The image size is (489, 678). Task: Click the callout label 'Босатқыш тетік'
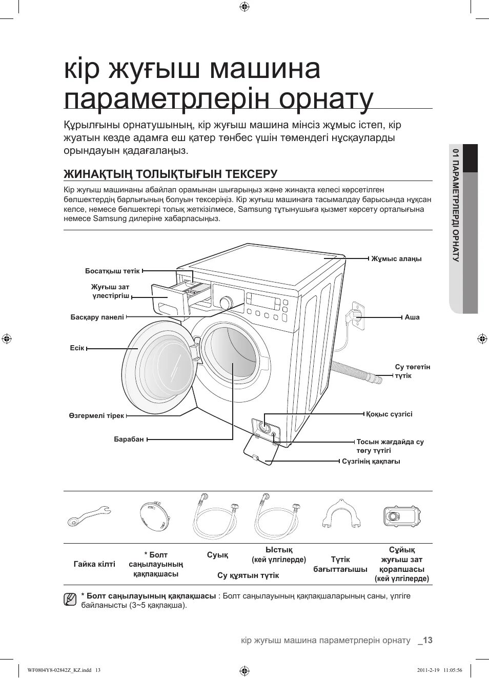[x=112, y=271]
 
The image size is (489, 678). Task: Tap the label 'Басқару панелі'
[x=97, y=317]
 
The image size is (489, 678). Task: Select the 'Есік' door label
[x=77, y=348]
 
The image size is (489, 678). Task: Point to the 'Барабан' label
[x=129, y=439]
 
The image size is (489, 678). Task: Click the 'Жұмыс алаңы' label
[x=396, y=259]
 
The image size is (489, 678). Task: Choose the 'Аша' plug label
[x=412, y=317]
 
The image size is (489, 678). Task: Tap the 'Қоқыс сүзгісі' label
[x=389, y=414]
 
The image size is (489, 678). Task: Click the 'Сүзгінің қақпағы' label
[x=371, y=462]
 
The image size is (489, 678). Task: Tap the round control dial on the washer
[x=225, y=303]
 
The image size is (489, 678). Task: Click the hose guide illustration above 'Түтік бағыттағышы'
[x=340, y=514]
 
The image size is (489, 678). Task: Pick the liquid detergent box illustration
[x=402, y=516]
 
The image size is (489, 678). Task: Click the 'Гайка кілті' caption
[x=94, y=564]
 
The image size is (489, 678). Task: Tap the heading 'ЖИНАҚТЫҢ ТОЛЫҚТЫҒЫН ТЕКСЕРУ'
[x=170, y=174]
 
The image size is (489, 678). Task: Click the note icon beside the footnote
[x=70, y=599]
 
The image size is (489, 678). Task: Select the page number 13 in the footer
[x=427, y=640]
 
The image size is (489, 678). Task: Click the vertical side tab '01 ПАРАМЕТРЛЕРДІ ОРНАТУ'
[x=455, y=205]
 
